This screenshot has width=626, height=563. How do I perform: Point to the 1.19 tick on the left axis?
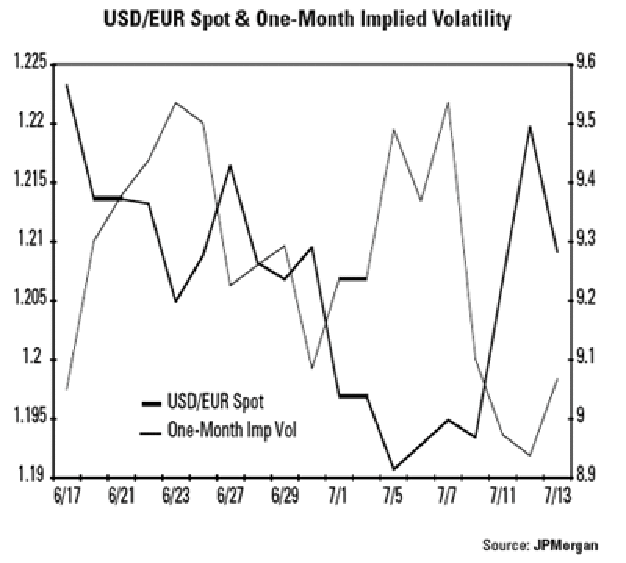(x=31, y=476)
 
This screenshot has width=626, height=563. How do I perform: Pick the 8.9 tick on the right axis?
(x=585, y=475)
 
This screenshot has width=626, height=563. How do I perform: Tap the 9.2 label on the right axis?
(x=585, y=299)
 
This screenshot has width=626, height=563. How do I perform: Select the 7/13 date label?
(x=556, y=498)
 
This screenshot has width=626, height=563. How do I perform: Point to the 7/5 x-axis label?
(x=394, y=498)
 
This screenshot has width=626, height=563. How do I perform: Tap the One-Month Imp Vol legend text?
(x=234, y=429)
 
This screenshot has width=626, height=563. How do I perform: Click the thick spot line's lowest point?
(x=394, y=469)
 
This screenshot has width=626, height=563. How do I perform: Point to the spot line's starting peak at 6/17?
(x=67, y=84)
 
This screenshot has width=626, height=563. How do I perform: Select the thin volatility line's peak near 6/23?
(x=175, y=102)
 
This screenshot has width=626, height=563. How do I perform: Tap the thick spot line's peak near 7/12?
(x=530, y=126)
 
